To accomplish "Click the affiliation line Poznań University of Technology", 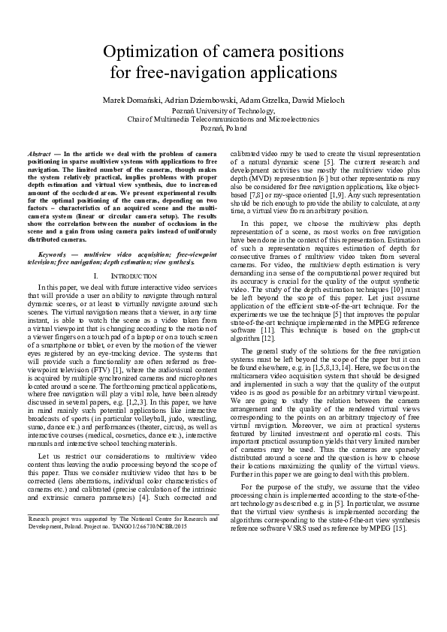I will tap(223, 110).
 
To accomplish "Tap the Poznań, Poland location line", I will tap(223, 128).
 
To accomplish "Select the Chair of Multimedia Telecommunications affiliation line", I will tap(223, 119).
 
